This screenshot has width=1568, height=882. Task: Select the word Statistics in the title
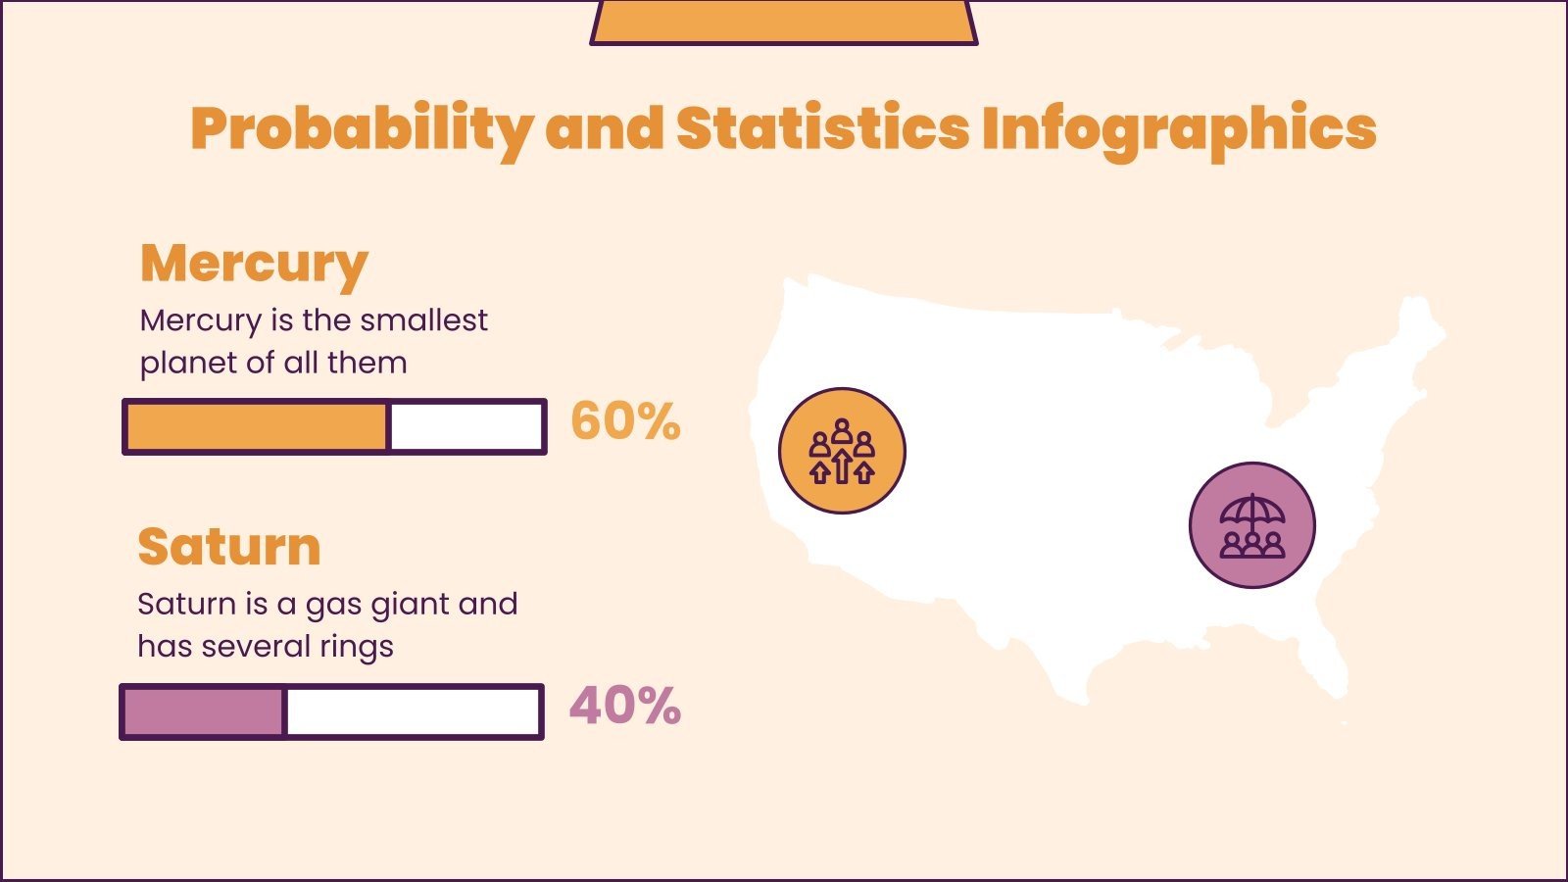tap(822, 129)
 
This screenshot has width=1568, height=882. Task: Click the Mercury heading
tap(254, 263)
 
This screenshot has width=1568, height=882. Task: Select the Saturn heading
tap(229, 547)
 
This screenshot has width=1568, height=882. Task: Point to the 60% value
tap(625, 422)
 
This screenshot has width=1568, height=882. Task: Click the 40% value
tap(625, 707)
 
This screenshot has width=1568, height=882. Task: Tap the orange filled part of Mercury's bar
tap(257, 427)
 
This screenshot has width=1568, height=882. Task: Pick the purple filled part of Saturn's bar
tap(203, 711)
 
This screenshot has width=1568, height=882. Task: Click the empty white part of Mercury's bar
tap(465, 427)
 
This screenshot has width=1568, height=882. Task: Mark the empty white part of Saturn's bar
tap(412, 711)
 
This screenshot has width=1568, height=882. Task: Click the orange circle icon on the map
tap(842, 451)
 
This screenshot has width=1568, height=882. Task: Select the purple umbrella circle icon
tap(1251, 525)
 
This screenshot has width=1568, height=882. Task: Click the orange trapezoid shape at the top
tap(784, 22)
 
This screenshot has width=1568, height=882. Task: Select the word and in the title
tap(604, 129)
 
